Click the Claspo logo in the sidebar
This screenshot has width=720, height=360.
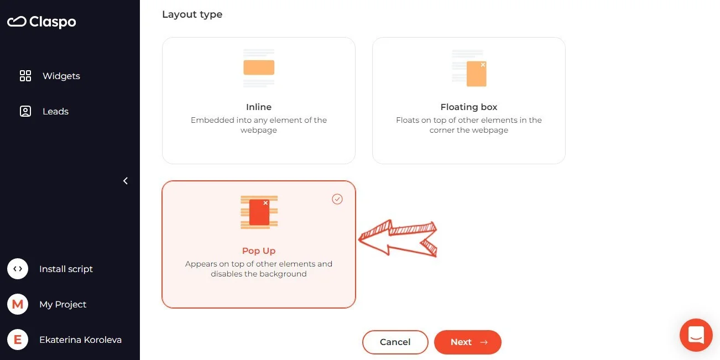(41, 22)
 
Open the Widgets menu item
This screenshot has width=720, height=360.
(61, 76)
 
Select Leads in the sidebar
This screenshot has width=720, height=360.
(55, 111)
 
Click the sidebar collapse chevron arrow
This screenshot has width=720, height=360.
(126, 181)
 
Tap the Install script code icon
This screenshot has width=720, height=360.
(18, 269)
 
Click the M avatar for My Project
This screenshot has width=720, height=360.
(18, 304)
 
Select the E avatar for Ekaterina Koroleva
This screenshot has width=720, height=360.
(18, 340)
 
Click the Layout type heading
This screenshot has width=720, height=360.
(192, 14)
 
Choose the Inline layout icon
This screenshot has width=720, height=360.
(259, 67)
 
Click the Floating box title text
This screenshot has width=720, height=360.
(468, 107)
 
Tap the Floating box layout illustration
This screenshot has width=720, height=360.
(469, 69)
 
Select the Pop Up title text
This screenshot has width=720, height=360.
(258, 251)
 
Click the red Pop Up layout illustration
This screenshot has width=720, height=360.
(259, 212)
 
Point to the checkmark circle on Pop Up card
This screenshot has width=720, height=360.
(337, 199)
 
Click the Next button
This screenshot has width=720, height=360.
(467, 342)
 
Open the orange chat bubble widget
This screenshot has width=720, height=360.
(696, 335)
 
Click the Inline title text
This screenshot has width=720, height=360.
(258, 107)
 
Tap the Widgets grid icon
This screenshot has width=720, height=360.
(25, 76)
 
